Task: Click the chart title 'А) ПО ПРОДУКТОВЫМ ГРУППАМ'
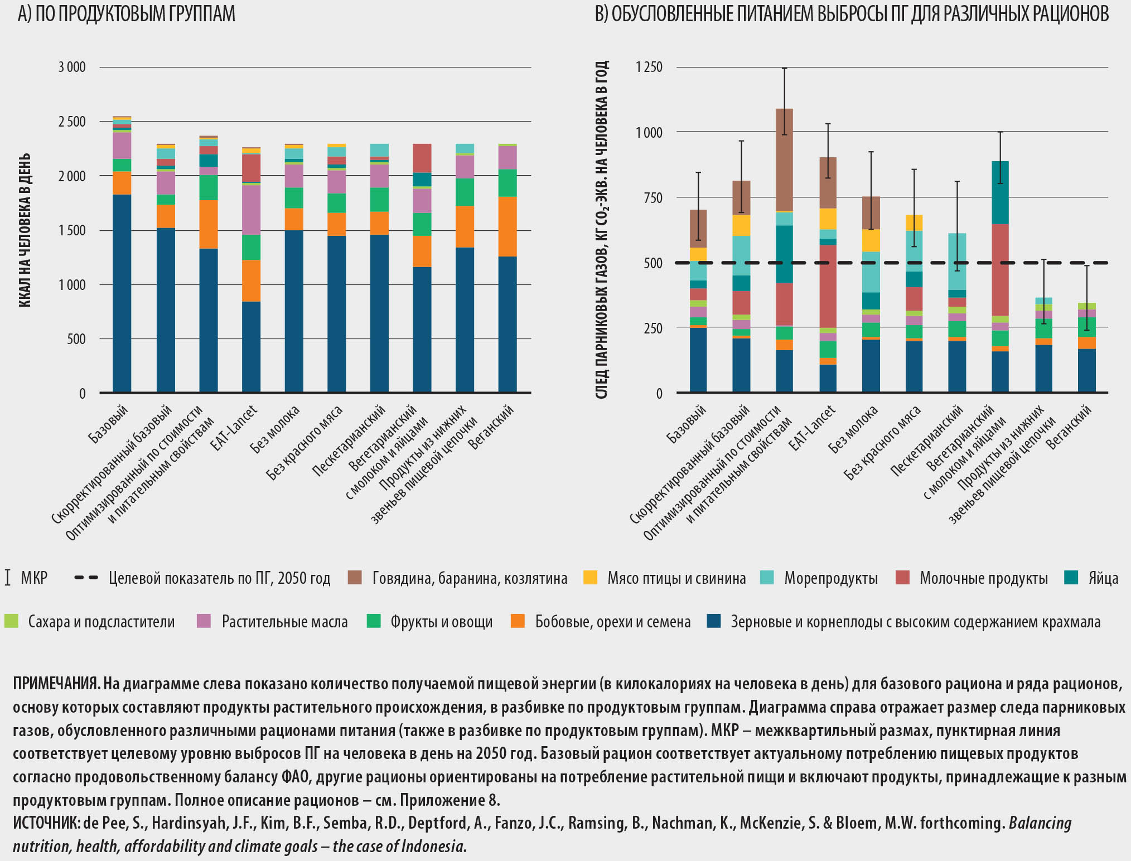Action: (x=127, y=14)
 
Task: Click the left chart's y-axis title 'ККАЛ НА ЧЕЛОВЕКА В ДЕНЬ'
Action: (x=25, y=230)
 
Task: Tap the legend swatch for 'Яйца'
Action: (x=1071, y=578)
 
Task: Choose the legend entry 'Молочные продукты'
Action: (x=983, y=578)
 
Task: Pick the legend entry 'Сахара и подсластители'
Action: (x=101, y=622)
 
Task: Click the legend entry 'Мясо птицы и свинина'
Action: (x=676, y=578)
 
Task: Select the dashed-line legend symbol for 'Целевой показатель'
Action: (x=86, y=578)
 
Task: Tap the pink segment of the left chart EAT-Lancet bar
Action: (x=251, y=210)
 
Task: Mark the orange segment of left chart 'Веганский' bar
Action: (x=507, y=226)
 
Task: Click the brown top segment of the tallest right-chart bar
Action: (x=784, y=159)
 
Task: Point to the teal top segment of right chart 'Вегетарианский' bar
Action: (x=1000, y=192)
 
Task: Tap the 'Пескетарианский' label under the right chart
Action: (x=927, y=441)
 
